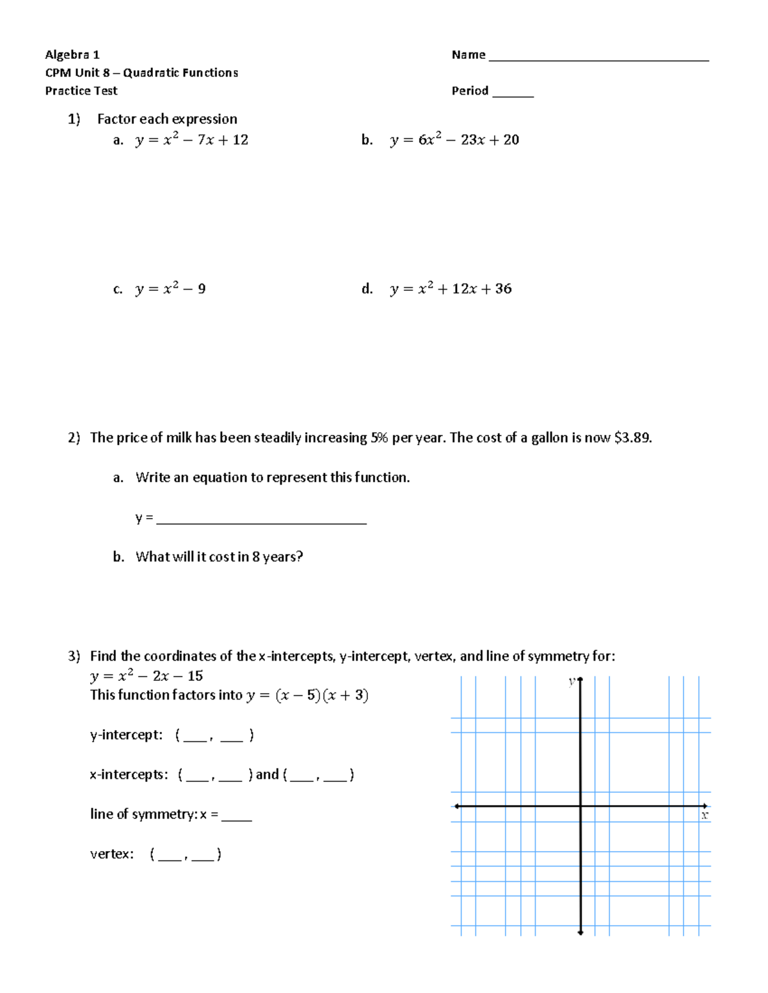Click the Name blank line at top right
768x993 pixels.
click(598, 59)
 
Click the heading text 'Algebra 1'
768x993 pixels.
click(72, 55)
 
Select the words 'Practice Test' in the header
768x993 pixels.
click(81, 91)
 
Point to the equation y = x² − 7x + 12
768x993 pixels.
click(191, 140)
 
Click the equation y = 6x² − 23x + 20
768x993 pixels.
click(454, 140)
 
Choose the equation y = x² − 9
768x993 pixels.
click(170, 289)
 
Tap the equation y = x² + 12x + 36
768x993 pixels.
click(451, 289)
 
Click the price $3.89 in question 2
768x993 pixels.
click(632, 438)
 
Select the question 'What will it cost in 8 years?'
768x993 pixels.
click(219, 557)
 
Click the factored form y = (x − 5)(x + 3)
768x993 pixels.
click(307, 695)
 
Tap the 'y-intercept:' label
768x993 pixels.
click(126, 735)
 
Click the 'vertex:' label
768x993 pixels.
click(112, 854)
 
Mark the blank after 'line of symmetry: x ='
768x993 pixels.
click(236, 818)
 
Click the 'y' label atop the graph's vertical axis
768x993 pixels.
click(572, 682)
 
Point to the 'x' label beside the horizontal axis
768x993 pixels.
click(704, 816)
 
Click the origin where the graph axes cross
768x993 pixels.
click(580, 806)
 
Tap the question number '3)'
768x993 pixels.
click(74, 656)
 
